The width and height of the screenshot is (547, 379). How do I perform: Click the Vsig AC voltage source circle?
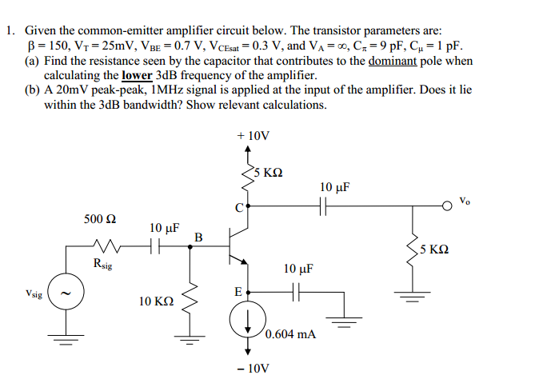(66, 291)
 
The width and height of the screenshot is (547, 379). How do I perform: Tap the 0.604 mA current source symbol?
(248, 319)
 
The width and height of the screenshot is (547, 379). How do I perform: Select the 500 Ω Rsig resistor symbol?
(107, 245)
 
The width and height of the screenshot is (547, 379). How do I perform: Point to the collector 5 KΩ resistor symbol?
(248, 178)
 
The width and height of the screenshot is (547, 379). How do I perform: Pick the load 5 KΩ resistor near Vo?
(413, 250)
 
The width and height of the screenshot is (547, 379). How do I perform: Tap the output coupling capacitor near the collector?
(323, 206)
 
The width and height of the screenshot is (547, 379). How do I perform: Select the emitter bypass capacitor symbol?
(297, 292)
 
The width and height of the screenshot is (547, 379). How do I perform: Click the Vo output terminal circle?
(447, 206)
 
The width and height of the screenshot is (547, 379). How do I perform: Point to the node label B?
(198, 237)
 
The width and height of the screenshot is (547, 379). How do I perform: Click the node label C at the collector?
(239, 208)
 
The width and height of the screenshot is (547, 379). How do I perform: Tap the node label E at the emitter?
(238, 292)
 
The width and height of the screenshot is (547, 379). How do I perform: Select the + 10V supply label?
(254, 136)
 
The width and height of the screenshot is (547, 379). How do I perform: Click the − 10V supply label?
(254, 368)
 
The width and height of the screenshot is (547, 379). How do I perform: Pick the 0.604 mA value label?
(290, 334)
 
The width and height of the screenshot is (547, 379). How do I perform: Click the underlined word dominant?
(393, 61)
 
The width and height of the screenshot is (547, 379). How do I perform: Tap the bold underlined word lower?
(137, 75)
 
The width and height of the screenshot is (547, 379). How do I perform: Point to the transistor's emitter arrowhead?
(244, 261)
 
